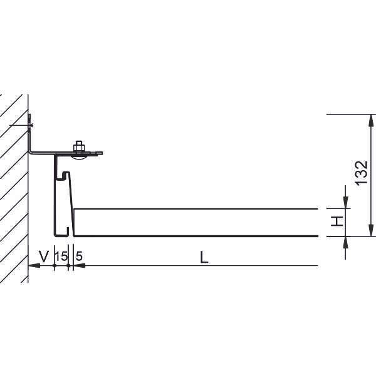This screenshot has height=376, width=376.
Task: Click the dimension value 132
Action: (x=362, y=173)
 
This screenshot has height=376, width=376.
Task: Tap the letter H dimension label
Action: (x=337, y=221)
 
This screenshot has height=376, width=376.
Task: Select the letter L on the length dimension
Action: (x=204, y=258)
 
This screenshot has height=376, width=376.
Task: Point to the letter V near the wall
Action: (x=44, y=256)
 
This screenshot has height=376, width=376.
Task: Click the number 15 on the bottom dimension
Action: (x=61, y=256)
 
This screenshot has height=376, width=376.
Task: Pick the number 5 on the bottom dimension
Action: (x=79, y=256)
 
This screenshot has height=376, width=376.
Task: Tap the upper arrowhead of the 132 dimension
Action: (x=371, y=121)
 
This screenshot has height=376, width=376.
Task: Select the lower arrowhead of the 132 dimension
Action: (x=371, y=230)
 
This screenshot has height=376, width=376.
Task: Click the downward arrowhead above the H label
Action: (x=346, y=203)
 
